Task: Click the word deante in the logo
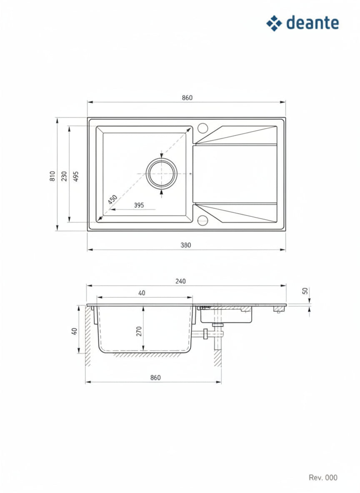coord(312,23)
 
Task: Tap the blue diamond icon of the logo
coord(274,23)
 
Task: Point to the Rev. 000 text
coord(323,478)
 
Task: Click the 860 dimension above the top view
coord(187,98)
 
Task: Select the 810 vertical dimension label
coord(52,176)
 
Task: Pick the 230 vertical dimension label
coord(64,176)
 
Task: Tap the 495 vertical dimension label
coord(76,176)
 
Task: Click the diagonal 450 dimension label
coord(112,199)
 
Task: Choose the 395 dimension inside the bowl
coord(139,205)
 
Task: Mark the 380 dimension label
coord(186,245)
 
